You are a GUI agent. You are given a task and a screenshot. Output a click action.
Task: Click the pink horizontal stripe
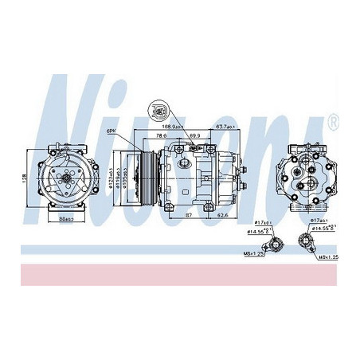click(x=180, y=273)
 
